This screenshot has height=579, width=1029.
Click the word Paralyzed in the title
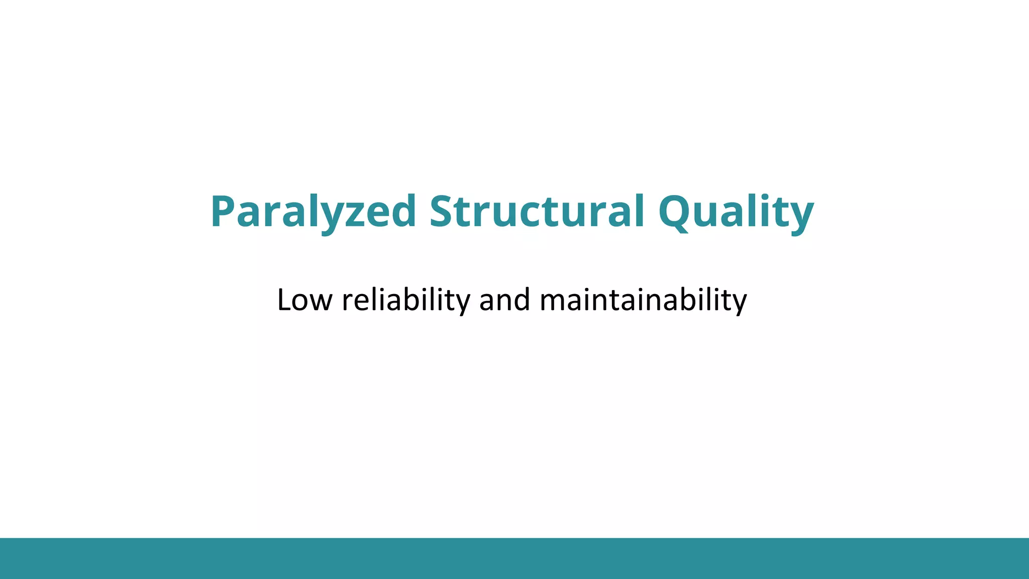click(x=313, y=211)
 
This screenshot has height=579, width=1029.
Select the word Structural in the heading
click(x=537, y=211)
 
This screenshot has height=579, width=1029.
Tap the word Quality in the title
click(x=736, y=211)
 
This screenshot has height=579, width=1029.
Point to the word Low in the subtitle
click(x=304, y=300)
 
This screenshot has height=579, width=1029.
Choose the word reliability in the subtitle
click(x=405, y=300)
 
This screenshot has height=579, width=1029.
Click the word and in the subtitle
click(x=504, y=300)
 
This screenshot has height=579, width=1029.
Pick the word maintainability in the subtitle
click(x=643, y=300)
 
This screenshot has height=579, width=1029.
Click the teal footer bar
click(x=514, y=558)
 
